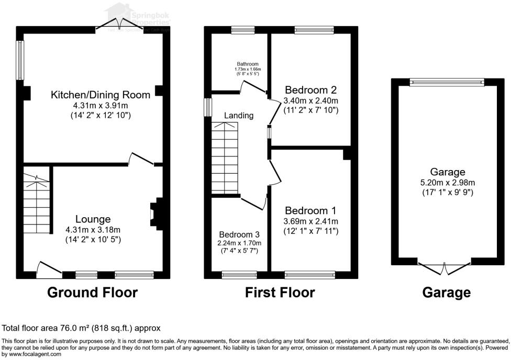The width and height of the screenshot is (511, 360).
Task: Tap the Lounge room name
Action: point(93,219)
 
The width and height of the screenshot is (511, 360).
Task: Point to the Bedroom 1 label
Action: point(310,210)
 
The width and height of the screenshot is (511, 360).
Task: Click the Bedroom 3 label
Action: point(239,234)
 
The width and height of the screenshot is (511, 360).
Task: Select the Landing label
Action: point(239,115)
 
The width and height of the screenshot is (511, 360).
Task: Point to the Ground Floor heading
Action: point(93,292)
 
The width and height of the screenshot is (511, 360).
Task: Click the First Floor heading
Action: point(280,292)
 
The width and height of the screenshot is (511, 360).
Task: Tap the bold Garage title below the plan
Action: point(447,292)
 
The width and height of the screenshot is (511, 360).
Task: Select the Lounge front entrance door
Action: point(49,268)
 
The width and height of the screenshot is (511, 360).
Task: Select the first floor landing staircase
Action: point(225,157)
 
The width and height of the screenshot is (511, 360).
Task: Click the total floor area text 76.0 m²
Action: point(81,328)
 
